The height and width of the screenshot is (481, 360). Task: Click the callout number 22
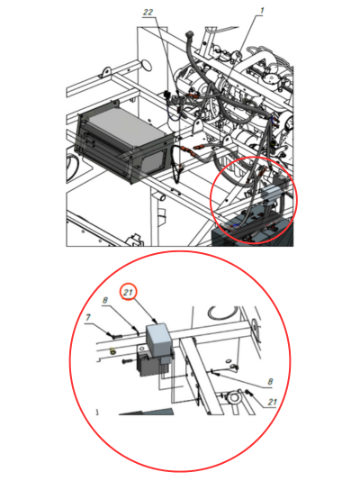coord(148,12)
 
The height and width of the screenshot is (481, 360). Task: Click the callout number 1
coord(262,11)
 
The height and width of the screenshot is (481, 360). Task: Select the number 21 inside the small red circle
coord(128,292)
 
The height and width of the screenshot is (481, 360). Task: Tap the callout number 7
coord(88,317)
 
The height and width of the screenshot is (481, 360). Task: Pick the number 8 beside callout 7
coord(105,300)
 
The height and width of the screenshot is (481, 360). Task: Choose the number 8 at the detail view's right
coord(270,381)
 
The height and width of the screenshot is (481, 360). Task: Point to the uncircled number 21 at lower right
coord(272,402)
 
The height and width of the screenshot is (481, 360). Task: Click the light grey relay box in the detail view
coord(158,337)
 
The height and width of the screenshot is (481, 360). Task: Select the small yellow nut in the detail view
coord(112,350)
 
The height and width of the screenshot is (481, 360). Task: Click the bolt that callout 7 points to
coord(114,335)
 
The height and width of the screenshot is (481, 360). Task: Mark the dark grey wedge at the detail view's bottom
coord(147,412)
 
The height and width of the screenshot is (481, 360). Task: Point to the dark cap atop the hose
coord(189,33)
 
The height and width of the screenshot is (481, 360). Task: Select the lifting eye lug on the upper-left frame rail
coord(105,73)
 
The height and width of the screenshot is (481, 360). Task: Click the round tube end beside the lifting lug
coord(147,65)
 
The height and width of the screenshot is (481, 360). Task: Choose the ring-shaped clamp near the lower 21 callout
coord(233,398)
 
